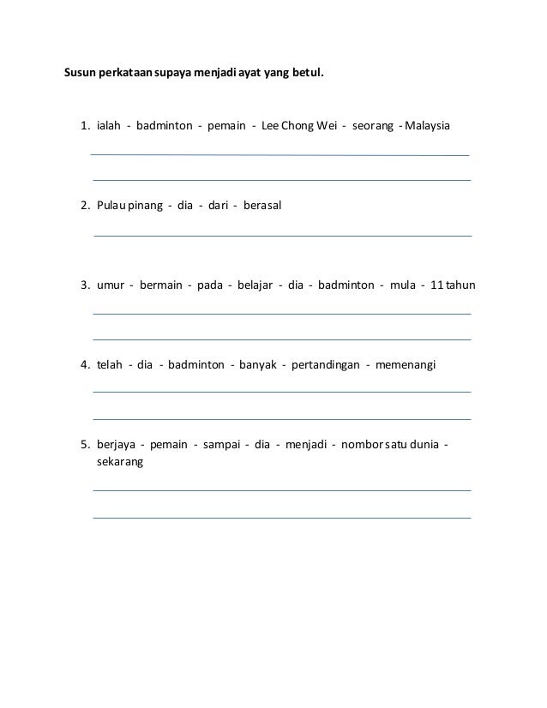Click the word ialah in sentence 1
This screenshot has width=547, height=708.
click(108, 128)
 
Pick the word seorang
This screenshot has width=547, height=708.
click(370, 128)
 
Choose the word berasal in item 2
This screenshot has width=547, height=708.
click(262, 207)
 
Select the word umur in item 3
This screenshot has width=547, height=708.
click(111, 285)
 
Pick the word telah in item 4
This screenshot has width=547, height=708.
click(111, 364)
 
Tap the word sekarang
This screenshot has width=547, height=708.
click(120, 461)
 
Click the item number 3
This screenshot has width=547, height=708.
click(84, 285)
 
